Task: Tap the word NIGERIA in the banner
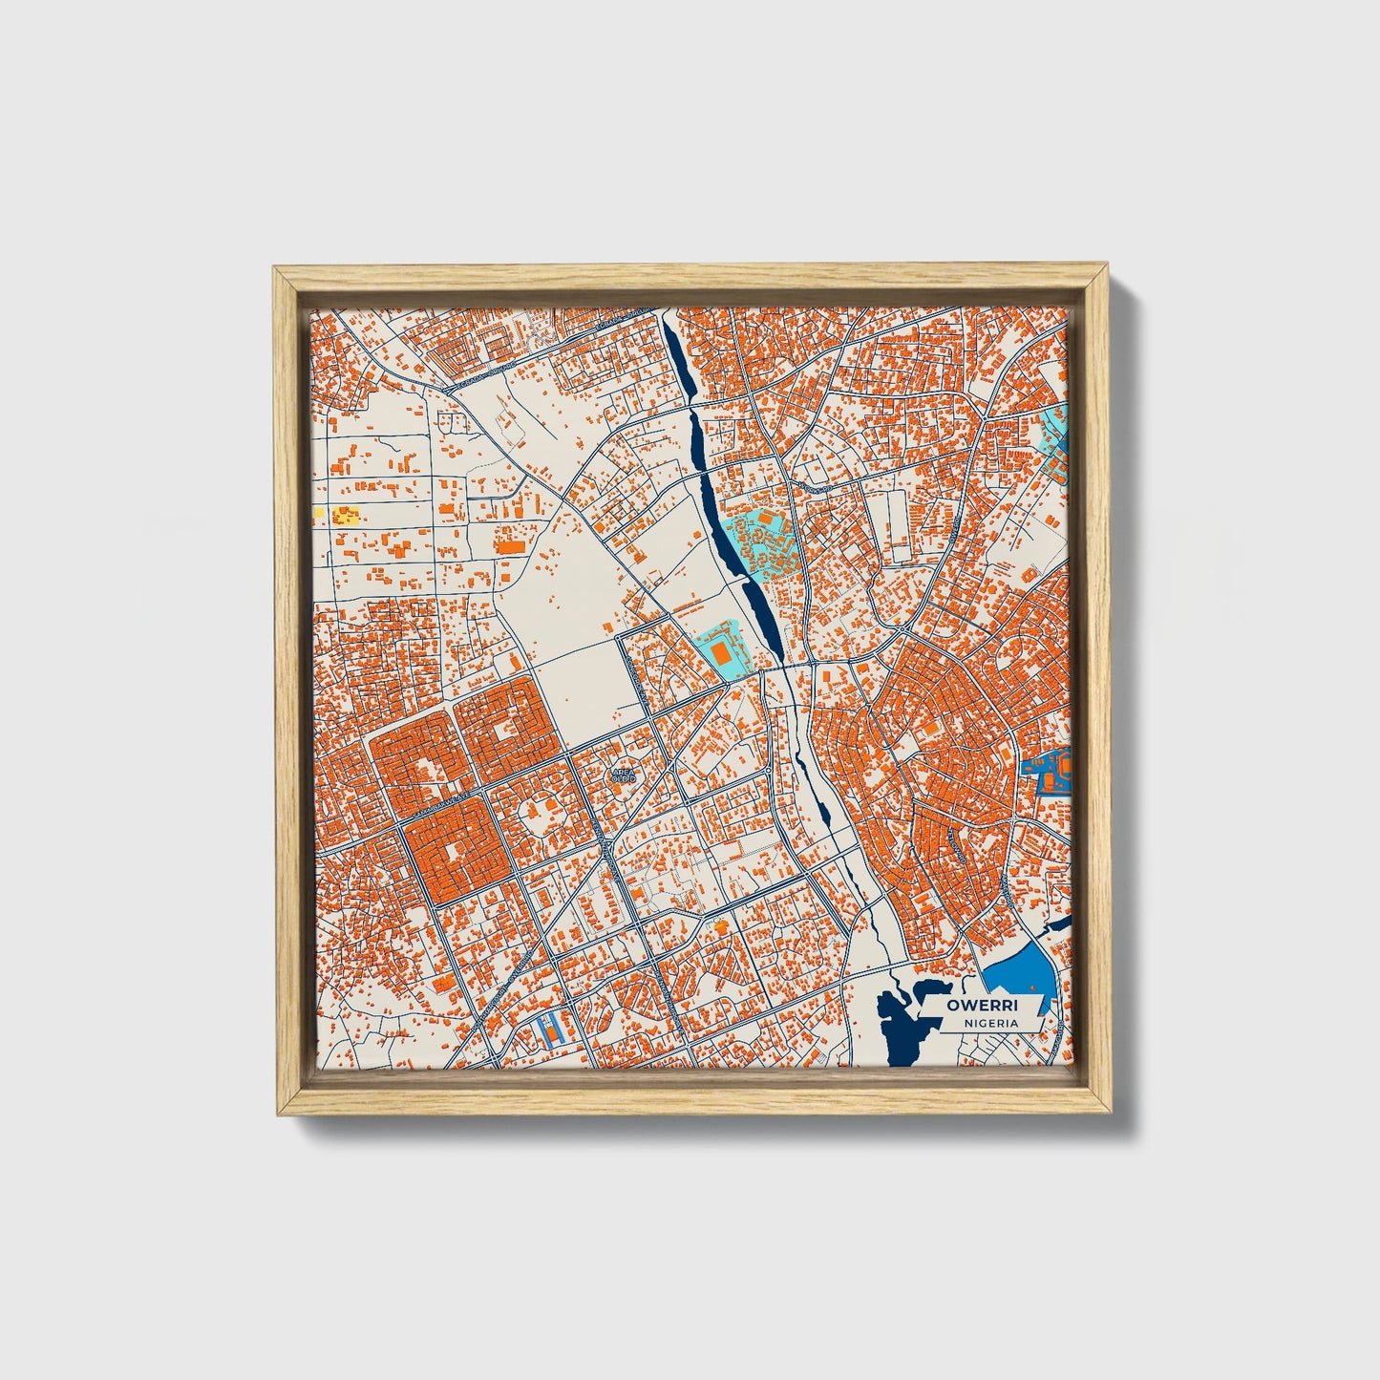coord(990,1023)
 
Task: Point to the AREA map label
coord(622,772)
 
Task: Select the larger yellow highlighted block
coord(345,517)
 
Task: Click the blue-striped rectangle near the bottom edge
coord(549,1029)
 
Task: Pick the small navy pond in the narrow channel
coord(822,813)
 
